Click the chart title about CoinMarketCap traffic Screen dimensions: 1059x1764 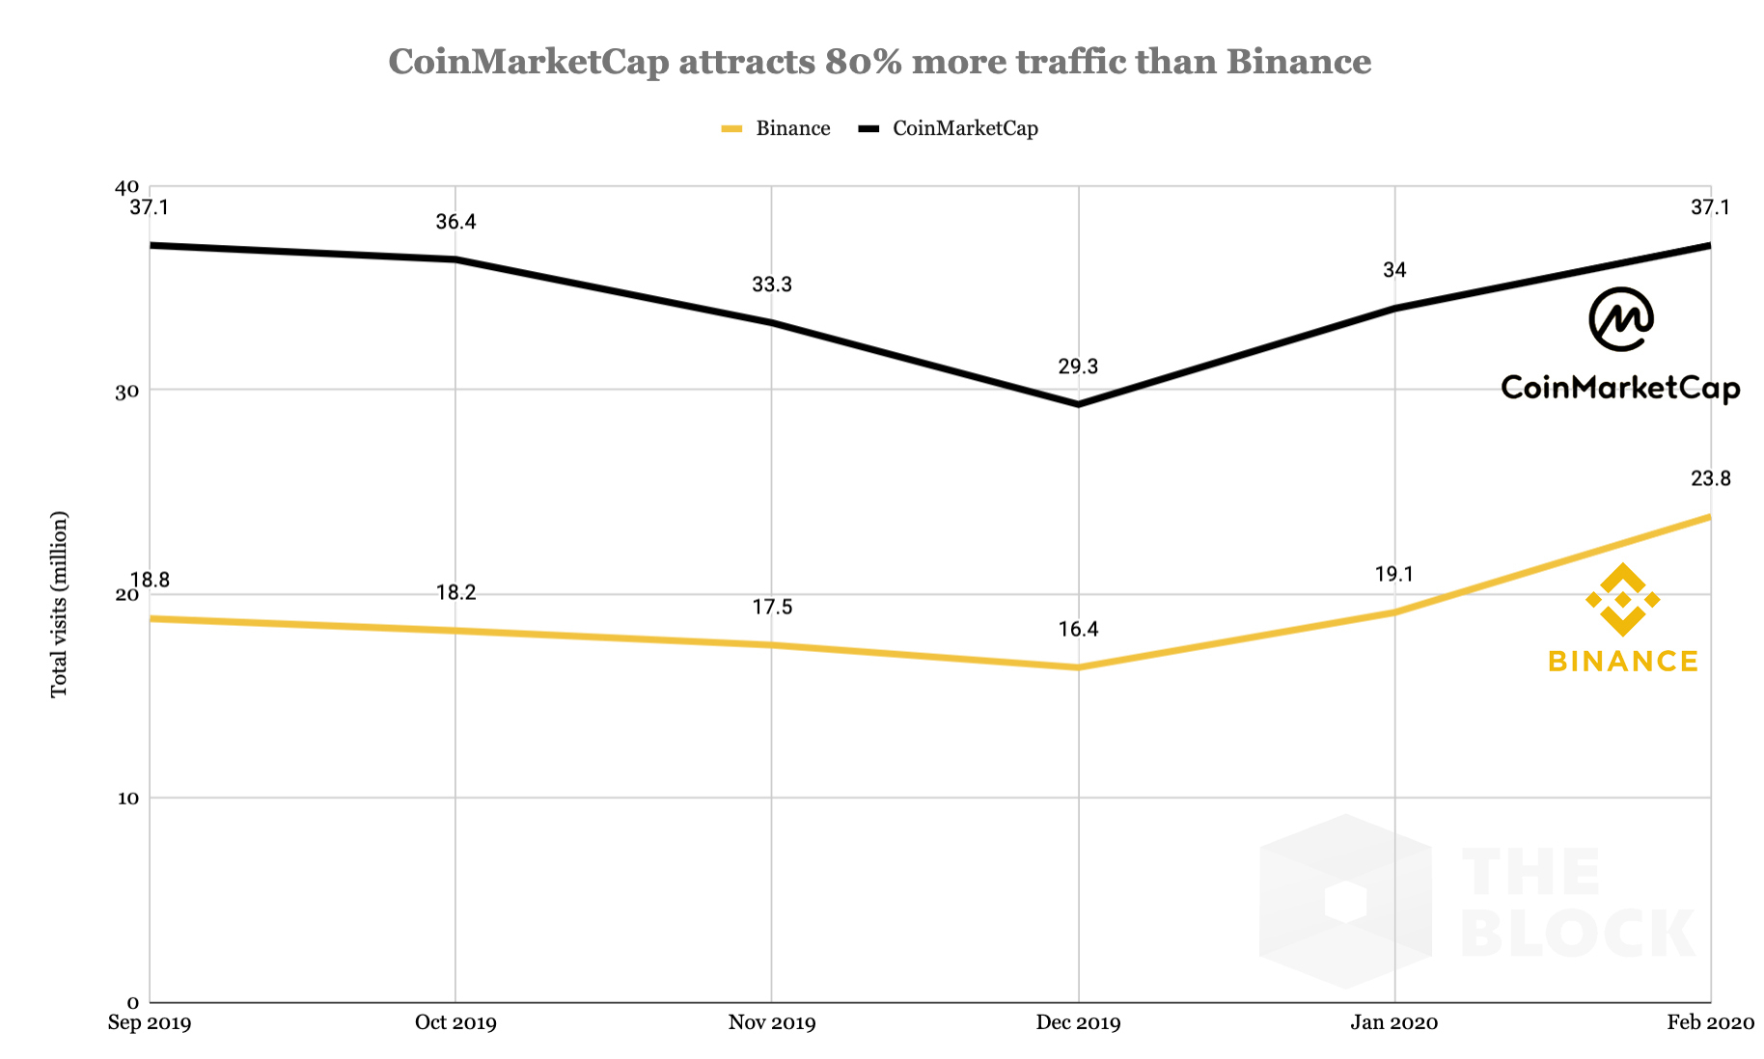click(879, 62)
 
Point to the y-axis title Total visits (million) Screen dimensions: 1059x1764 click(60, 604)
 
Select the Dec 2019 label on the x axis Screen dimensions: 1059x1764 click(1078, 1022)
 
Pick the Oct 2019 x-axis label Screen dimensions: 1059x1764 click(455, 1022)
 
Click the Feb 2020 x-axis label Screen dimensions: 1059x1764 click(1710, 1022)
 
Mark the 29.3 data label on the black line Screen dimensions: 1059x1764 click(1078, 367)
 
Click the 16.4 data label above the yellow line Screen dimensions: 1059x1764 click(1078, 630)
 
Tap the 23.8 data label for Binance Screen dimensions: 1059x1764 click(1710, 478)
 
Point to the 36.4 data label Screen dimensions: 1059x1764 click(455, 222)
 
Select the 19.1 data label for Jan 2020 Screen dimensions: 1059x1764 click(1393, 575)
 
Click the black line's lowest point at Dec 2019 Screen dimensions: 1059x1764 click(1078, 404)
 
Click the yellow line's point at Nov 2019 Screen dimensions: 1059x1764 click(771, 645)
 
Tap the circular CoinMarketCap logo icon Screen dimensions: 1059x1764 click(1621, 319)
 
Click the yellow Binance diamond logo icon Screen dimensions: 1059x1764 click(1622, 600)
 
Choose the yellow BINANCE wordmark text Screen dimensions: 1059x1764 click(1622, 662)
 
